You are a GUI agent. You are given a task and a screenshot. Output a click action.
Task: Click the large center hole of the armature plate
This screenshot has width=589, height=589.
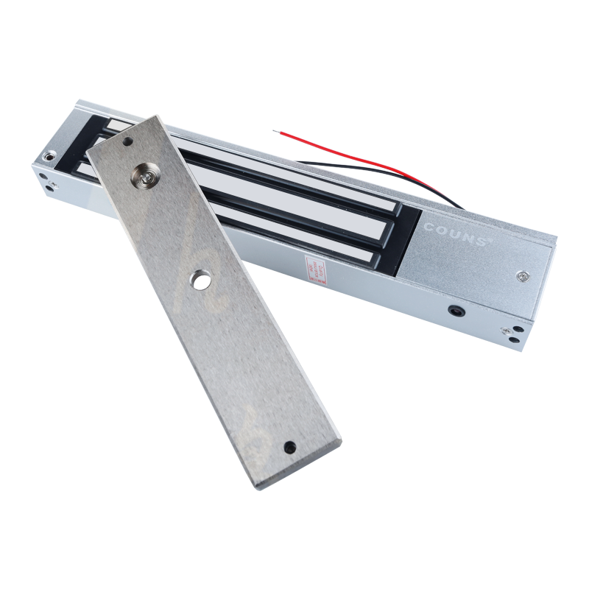[199, 278]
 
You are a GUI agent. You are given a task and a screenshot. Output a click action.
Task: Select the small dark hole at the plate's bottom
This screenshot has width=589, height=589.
[289, 446]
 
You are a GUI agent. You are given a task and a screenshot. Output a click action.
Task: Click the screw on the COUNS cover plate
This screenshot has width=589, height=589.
[522, 276]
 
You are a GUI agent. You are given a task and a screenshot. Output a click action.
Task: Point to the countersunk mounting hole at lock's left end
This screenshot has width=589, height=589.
[50, 158]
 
